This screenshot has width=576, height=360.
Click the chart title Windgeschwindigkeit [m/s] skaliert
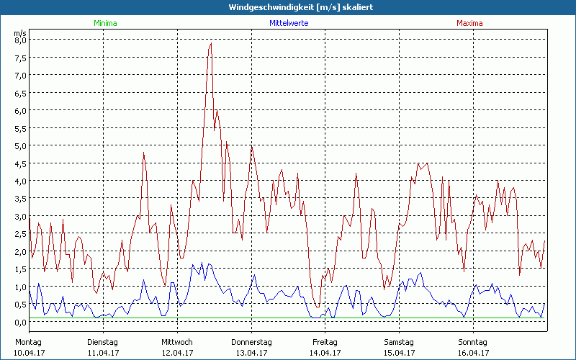tap(287, 7)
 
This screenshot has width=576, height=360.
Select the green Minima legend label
tap(104, 23)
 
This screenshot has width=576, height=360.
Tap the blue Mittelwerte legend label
tap(289, 23)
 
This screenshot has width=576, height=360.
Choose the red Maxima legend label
tap(469, 23)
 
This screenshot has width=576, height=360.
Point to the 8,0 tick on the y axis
tap(20, 40)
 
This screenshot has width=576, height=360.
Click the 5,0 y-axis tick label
tap(20, 146)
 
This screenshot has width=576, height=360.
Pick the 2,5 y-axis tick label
tap(20, 234)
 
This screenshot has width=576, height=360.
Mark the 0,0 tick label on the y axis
tap(20, 322)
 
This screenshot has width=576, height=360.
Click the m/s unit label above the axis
tap(20, 32)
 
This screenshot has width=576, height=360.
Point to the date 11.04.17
tap(103, 353)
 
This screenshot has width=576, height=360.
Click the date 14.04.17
tap(325, 353)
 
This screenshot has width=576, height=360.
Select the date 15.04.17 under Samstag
tap(399, 353)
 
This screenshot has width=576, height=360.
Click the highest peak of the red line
tap(211, 43)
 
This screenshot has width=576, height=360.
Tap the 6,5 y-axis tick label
tap(20, 93)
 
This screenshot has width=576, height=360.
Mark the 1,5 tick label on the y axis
tap(20, 269)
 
